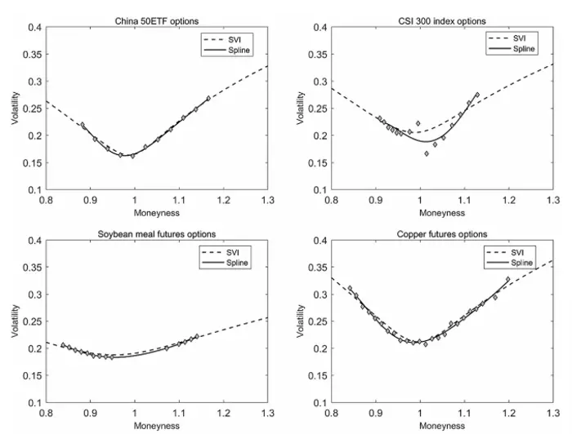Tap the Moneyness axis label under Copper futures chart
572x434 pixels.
(x=442, y=425)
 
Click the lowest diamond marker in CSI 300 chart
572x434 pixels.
(x=427, y=153)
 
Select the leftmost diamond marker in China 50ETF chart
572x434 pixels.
(x=83, y=125)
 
